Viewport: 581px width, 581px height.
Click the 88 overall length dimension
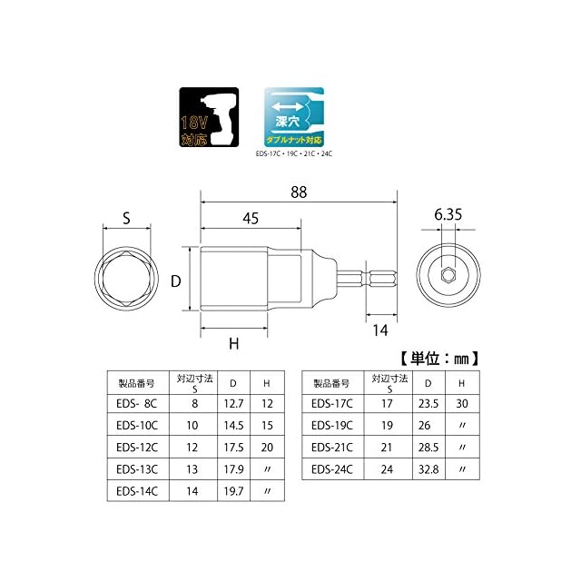pyautogui.click(x=299, y=192)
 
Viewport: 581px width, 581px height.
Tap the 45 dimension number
pyautogui.click(x=251, y=219)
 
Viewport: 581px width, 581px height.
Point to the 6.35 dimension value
pyautogui.click(x=448, y=215)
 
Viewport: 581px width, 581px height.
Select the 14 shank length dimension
pyautogui.click(x=380, y=330)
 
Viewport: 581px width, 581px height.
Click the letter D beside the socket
pyautogui.click(x=175, y=281)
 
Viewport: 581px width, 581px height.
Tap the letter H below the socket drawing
pyautogui.click(x=234, y=344)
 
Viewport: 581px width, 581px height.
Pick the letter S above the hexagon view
pyautogui.click(x=126, y=218)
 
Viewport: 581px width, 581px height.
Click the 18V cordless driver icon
pyautogui.click(x=209, y=117)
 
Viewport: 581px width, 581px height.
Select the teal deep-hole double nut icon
pyautogui.click(x=294, y=117)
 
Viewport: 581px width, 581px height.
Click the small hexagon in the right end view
pyautogui.click(x=448, y=275)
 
